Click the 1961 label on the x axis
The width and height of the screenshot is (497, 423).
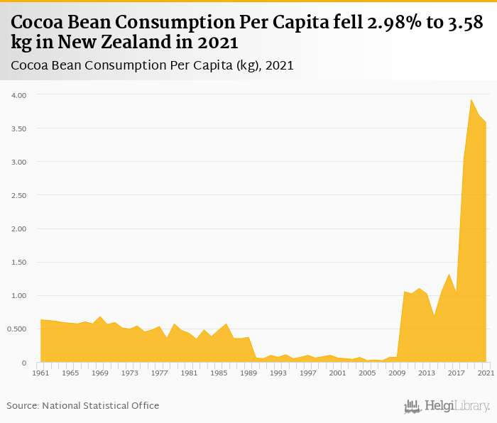point(41,373)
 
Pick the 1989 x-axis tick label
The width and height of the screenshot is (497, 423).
point(248,373)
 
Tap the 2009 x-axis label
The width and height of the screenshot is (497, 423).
point(397,373)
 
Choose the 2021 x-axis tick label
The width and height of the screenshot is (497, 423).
point(486,373)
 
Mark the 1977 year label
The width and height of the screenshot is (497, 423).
point(160,373)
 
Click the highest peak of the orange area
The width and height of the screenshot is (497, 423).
point(471,100)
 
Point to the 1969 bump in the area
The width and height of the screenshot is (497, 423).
point(100,317)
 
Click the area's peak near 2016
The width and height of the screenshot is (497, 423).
point(449,275)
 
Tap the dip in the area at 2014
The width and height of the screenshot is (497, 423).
point(434,316)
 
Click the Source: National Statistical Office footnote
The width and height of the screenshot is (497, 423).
point(83,405)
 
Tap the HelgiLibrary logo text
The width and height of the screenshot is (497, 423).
point(457,406)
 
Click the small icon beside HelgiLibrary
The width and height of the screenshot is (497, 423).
point(413,406)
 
